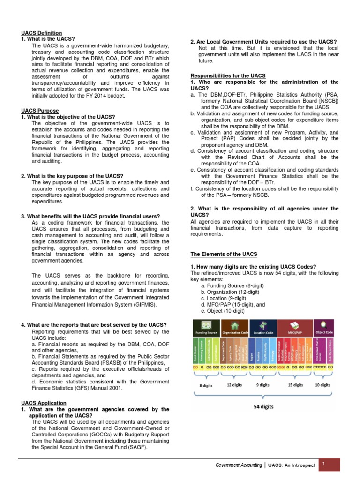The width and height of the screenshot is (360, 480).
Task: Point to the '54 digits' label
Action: [263, 407]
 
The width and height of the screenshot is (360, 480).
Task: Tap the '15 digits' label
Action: [295, 385]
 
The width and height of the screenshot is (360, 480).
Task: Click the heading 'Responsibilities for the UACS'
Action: [228, 75]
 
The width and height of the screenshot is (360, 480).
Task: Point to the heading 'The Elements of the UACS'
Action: [224, 254]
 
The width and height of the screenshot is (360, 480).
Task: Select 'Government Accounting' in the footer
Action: [239, 465]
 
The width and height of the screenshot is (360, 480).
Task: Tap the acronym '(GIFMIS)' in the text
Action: [142, 304]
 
